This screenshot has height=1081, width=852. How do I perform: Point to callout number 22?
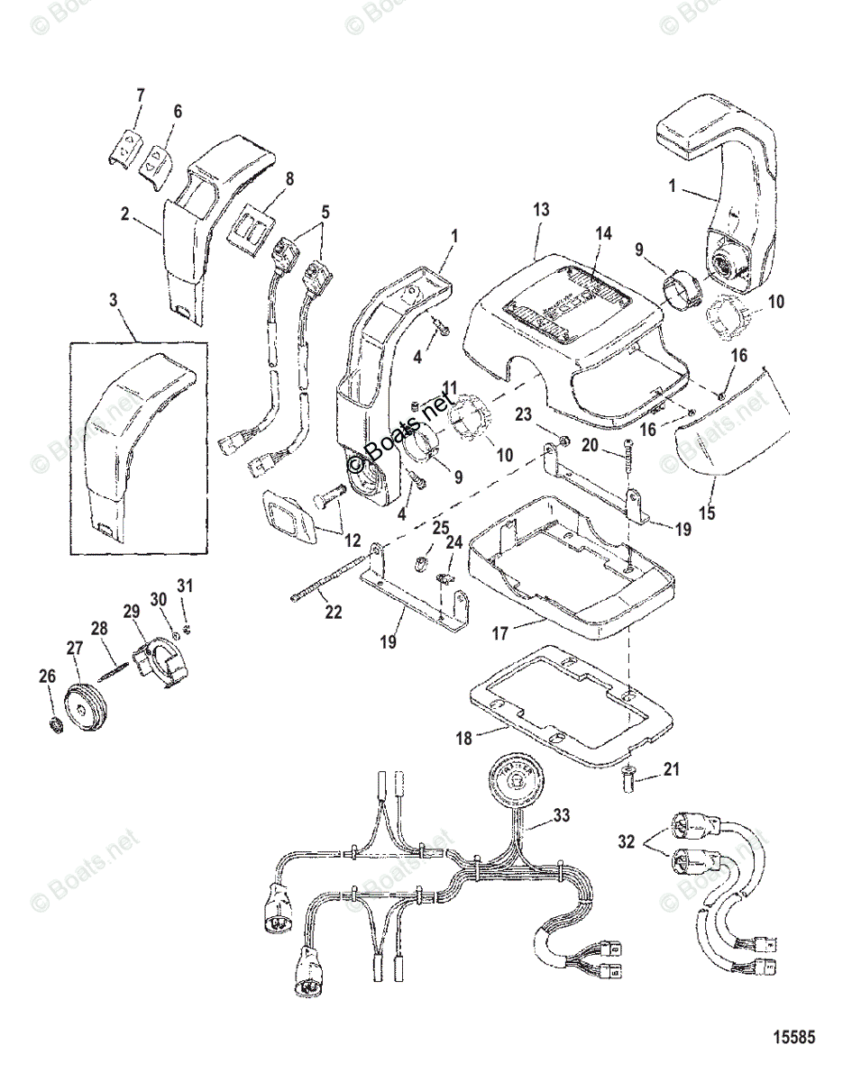[x=334, y=613]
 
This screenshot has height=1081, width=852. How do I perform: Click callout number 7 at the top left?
[x=139, y=95]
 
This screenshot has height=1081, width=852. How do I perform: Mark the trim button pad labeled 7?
[x=130, y=144]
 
